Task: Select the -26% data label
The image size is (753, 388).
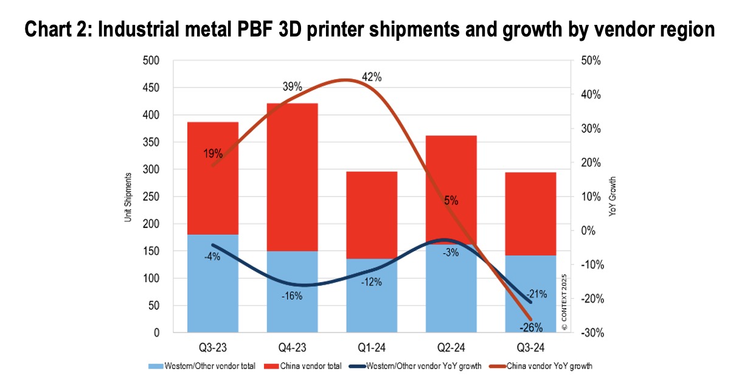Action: point(531,327)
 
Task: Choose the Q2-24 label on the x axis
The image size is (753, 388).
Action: point(451,348)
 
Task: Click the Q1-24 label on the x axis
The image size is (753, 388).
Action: point(372,348)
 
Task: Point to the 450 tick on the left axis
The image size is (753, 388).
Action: point(151,88)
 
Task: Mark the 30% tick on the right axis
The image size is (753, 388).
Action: point(591,129)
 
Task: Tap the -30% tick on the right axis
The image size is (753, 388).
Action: point(591,333)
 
